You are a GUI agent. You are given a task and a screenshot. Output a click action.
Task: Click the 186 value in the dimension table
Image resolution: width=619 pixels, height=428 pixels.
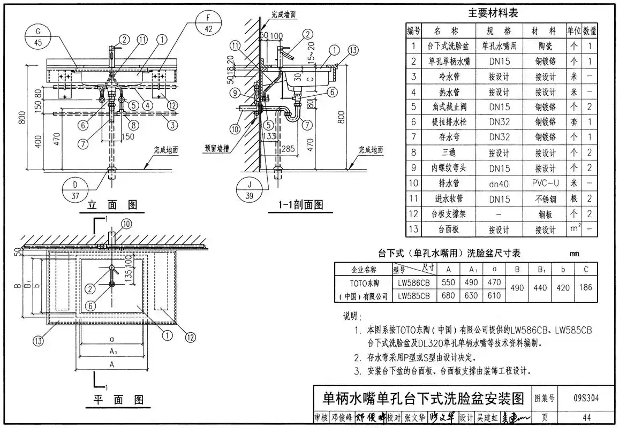click(x=586, y=287)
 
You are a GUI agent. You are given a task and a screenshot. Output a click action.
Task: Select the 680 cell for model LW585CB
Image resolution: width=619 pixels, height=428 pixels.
click(x=448, y=295)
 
